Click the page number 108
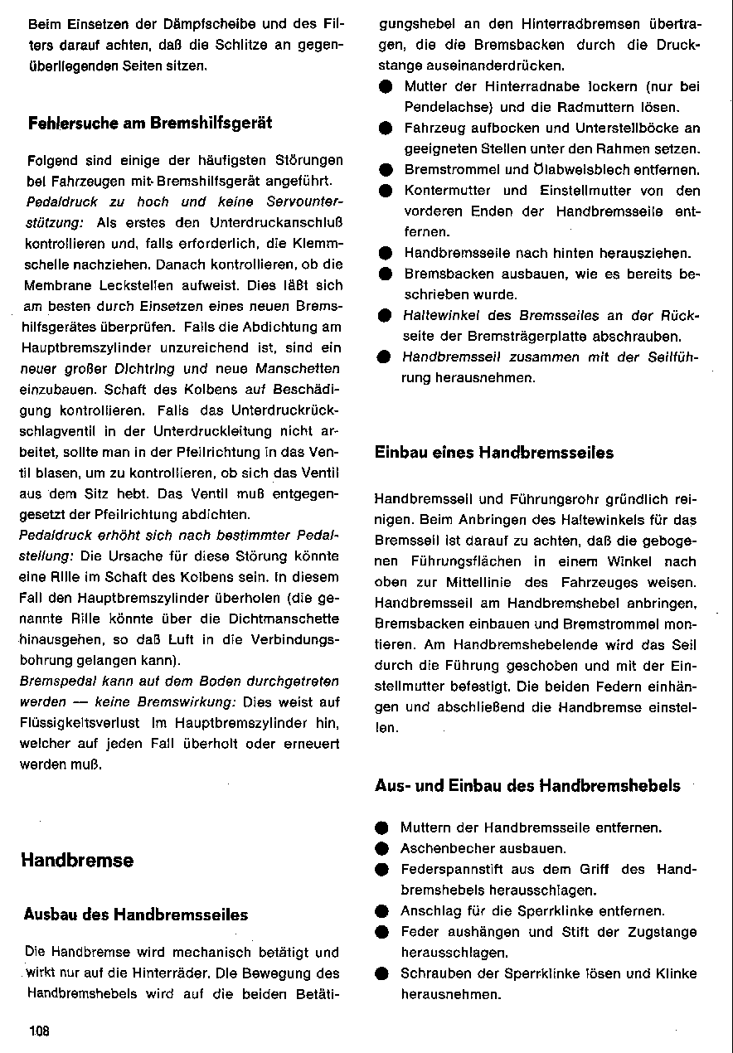(38, 1031)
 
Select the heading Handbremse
(77, 860)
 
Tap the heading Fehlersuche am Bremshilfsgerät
(150, 123)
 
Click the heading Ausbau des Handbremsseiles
(136, 915)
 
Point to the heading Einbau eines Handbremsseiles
(494, 453)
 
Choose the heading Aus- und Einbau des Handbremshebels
(527, 785)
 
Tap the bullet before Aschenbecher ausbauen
(381, 849)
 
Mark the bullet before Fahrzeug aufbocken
(384, 129)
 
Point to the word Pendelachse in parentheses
(444, 108)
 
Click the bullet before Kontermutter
(384, 191)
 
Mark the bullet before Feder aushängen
(381, 932)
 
